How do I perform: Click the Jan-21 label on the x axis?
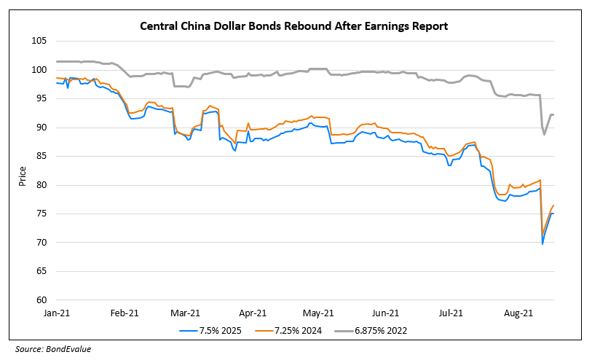[x=56, y=313]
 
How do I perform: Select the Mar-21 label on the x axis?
[x=186, y=313]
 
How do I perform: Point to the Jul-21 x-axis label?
[x=451, y=313]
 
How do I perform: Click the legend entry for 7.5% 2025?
[x=216, y=330]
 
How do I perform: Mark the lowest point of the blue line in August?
[x=542, y=243]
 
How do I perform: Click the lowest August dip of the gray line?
[x=544, y=134]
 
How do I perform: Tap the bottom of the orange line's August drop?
[x=542, y=235]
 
